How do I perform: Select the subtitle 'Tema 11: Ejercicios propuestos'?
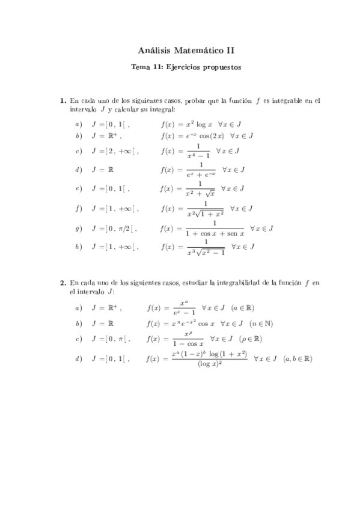[186, 68]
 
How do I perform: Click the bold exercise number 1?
[63, 100]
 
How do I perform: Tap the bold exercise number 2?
[63, 281]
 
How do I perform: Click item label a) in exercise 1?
[78, 123]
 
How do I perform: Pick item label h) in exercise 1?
[78, 246]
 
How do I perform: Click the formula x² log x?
[195, 123]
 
